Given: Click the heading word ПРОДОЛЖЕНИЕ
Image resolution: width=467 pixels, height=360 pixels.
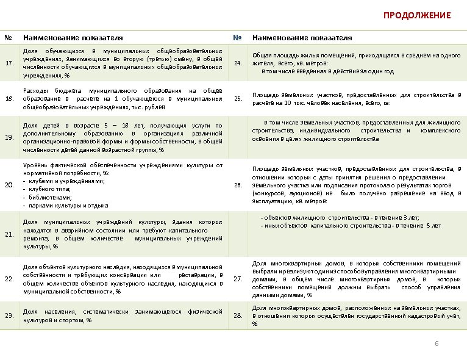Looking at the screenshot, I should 417,15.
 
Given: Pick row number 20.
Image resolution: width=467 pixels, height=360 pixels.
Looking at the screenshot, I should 10,185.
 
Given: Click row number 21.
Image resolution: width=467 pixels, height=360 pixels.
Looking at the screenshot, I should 10,234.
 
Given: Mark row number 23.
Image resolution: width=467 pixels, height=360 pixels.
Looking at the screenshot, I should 10,315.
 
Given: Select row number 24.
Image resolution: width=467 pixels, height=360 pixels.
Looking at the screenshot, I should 238,63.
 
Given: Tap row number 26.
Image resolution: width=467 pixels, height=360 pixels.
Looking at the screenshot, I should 238,185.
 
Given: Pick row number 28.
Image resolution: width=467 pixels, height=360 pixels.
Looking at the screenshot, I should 238,315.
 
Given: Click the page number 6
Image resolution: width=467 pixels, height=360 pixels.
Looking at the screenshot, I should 437,344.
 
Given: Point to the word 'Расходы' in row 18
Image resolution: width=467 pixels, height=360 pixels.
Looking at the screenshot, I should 35,90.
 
